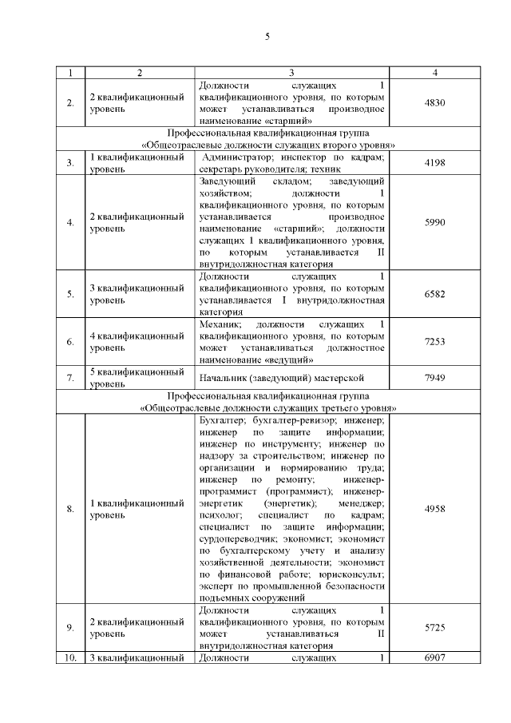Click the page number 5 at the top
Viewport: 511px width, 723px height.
pos(267,36)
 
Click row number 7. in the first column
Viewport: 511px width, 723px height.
pos(70,377)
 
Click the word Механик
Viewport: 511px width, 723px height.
pos(220,324)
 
